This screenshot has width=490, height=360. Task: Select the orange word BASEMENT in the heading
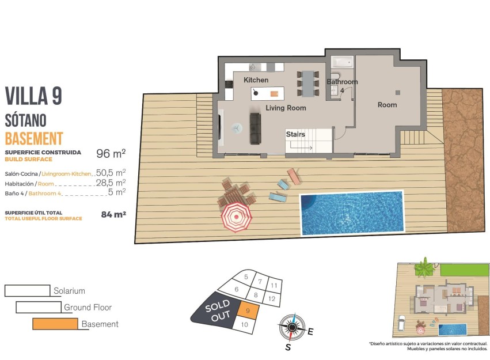pos(33,138)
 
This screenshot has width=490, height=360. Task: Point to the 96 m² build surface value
pos(111,154)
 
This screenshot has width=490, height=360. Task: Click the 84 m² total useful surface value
pos(113,215)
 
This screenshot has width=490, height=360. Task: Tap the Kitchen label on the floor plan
pos(256,79)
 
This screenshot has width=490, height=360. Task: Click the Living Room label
pos(286,108)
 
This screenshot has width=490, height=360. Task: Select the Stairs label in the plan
pos(295,134)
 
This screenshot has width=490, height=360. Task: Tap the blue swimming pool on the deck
pos(351,213)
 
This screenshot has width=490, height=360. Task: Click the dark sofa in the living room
pos(255,128)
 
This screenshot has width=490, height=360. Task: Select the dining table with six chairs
pos(309,84)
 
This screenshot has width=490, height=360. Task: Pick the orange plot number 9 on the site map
pos(247,311)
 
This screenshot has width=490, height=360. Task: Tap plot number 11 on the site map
pos(274,285)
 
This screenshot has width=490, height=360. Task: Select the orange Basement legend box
pos(55,324)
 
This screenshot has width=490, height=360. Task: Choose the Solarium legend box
pos(27,291)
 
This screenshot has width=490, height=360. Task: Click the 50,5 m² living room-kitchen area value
pos(111,172)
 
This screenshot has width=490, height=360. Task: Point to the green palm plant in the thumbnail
pos(425,268)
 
